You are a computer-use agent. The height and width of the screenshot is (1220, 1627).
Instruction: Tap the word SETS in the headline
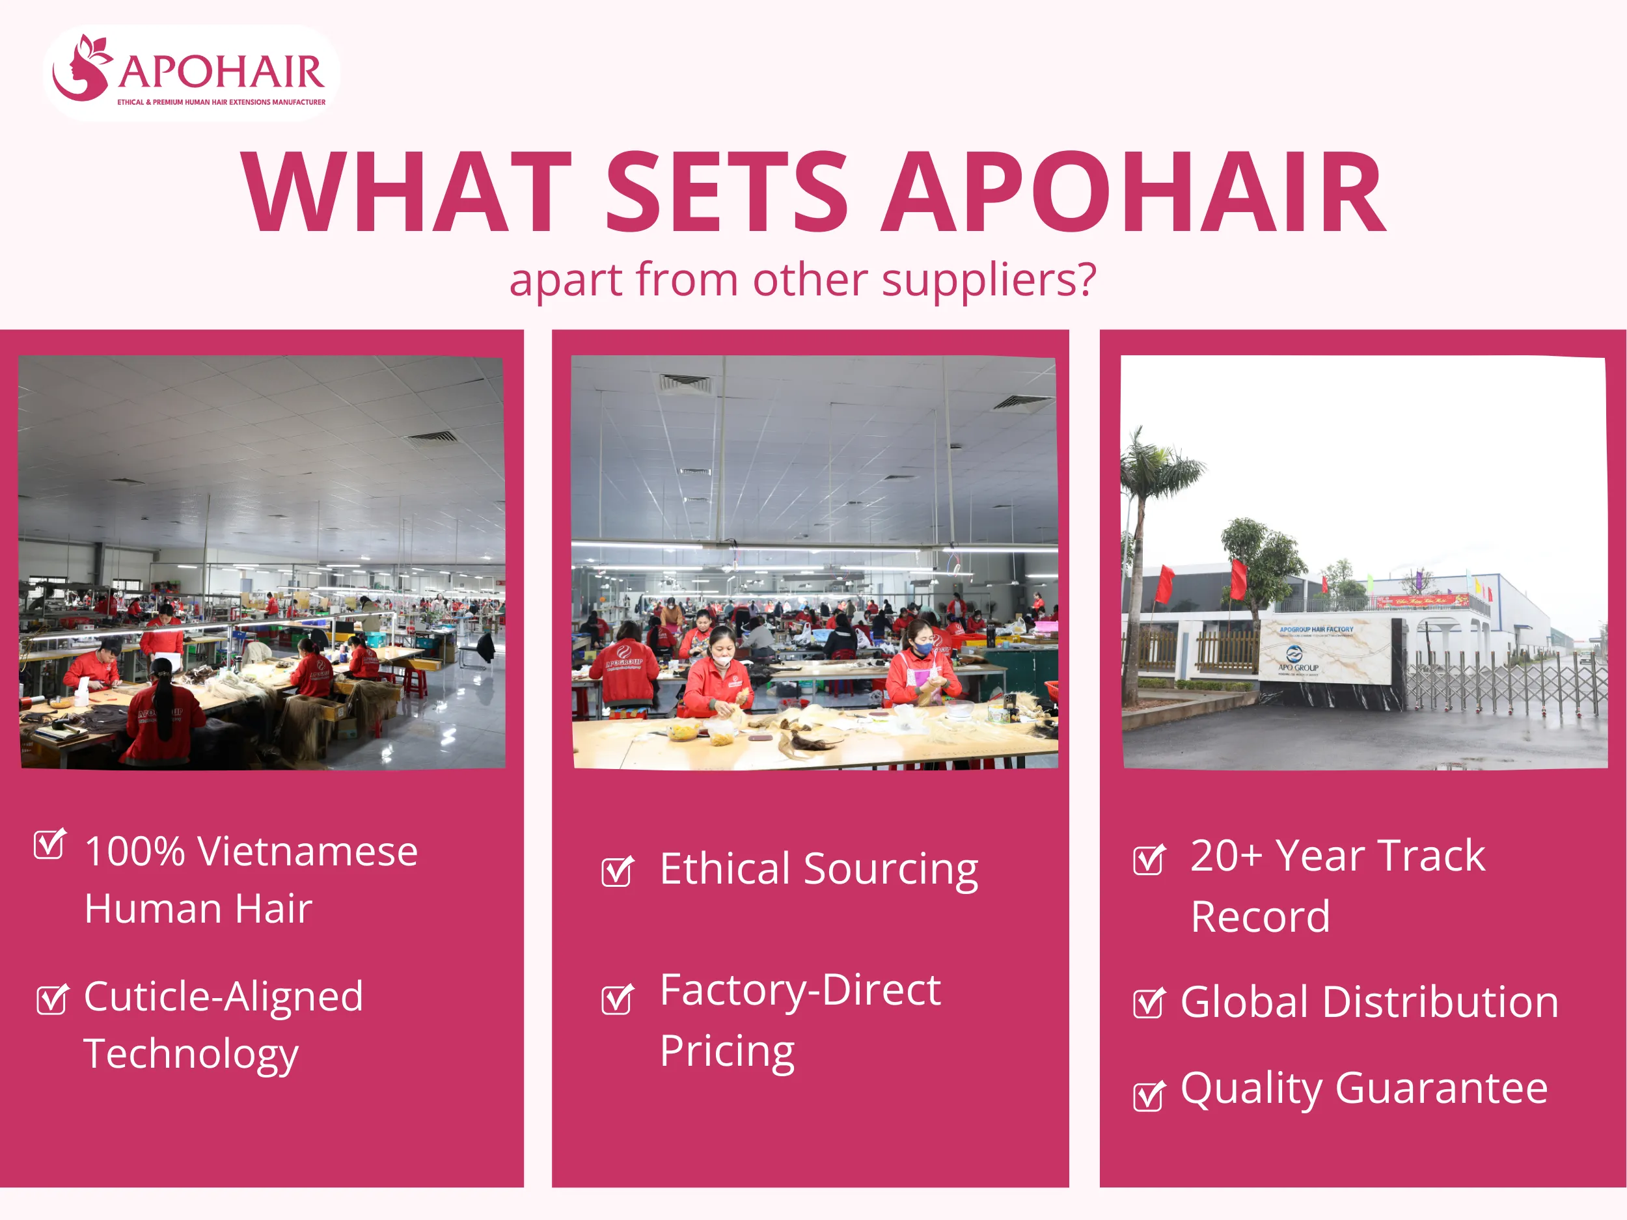coord(726,193)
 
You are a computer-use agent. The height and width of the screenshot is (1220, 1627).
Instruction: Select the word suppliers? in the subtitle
coord(989,280)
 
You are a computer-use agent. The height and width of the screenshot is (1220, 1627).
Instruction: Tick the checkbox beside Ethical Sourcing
coord(616,871)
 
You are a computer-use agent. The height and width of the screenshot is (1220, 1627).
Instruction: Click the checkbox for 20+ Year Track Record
coord(1148,860)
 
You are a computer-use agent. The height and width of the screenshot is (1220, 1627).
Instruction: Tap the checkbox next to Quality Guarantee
coord(1148,1096)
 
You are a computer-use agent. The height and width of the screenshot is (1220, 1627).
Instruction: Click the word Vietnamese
coord(307,852)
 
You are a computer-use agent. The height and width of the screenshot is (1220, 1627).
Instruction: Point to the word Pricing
coord(727,1051)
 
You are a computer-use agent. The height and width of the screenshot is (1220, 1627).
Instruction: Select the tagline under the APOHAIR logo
coord(221,102)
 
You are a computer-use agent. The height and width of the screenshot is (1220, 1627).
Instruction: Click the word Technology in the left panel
coord(191,1055)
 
